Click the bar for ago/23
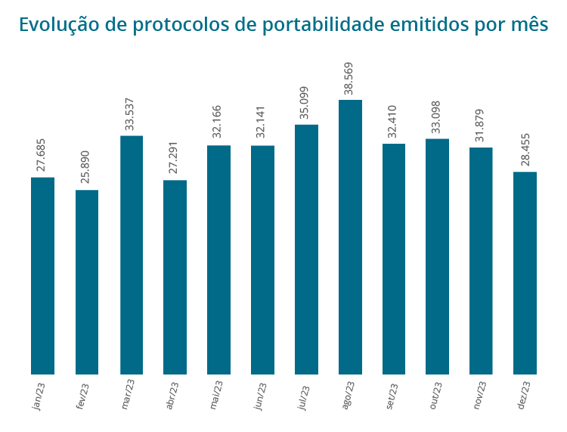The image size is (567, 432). tap(350, 237)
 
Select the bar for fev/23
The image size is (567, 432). tap(87, 281)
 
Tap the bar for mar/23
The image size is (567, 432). tap(132, 255)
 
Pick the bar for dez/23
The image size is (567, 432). tap(525, 272)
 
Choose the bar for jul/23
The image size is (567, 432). tap(306, 249)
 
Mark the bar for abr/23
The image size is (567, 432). tap(175, 277)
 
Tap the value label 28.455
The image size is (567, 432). tap(523, 149)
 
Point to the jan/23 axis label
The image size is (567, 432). tap(39, 396)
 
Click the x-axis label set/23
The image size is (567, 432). tap(392, 396)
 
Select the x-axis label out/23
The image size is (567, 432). tap(435, 396)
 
